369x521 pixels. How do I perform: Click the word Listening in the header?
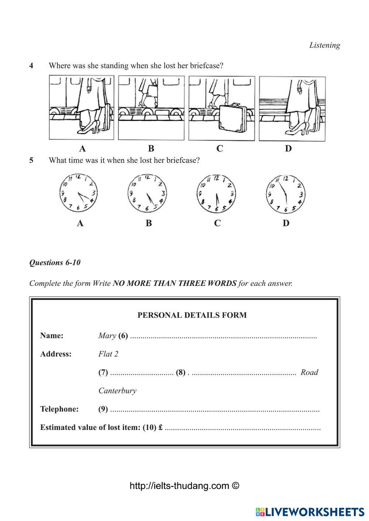[x=324, y=45]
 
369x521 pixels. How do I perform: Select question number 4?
[x=31, y=66]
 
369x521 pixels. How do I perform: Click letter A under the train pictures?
[x=82, y=148]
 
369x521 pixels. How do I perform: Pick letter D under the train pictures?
[x=288, y=148]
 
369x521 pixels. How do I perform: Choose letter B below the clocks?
[x=149, y=223]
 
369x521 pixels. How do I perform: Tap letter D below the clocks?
[x=286, y=223]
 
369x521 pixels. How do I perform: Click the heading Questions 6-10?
[x=55, y=263]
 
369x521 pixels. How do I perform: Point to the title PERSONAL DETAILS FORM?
[x=192, y=315]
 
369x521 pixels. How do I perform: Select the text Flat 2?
[x=108, y=354]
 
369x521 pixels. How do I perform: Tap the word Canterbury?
[x=117, y=391]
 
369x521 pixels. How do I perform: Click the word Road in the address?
[x=309, y=372]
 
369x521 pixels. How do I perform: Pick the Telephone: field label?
[x=59, y=409]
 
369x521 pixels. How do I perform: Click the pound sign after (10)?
[x=161, y=428]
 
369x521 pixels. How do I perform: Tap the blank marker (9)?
[x=103, y=409]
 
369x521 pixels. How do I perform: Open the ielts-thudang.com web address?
[x=184, y=486]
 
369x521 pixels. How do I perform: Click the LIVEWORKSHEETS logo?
[x=310, y=512]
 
